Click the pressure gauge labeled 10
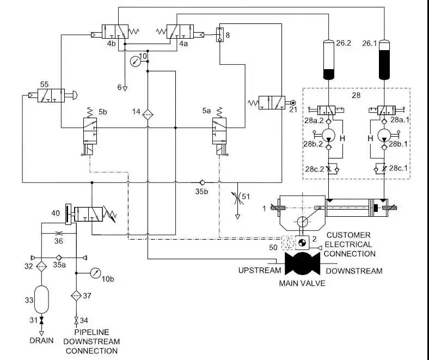click(x=134, y=62)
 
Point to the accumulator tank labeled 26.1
click(x=385, y=60)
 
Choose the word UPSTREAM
click(x=258, y=271)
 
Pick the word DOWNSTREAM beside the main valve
click(x=354, y=271)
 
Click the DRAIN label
click(x=41, y=341)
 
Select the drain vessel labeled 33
click(x=42, y=300)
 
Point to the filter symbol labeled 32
click(x=42, y=267)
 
